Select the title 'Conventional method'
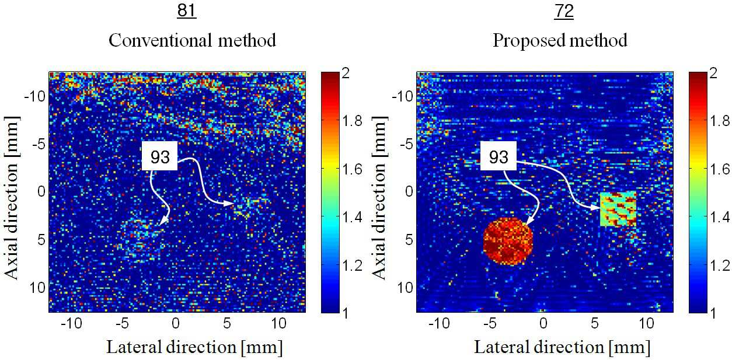point(192,40)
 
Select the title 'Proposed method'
point(560,41)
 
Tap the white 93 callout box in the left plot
point(160,156)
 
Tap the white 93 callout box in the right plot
point(499,156)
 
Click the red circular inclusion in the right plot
point(508,241)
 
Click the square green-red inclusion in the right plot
point(618,209)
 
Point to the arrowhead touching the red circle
point(529,221)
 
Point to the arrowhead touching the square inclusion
point(596,208)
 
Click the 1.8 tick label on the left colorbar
point(352,121)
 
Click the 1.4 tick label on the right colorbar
point(720,216)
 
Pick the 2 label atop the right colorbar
point(713,72)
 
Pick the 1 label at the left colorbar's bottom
point(346,313)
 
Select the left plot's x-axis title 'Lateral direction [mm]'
point(194,347)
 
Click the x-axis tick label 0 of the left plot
point(176,323)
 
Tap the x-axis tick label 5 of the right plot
point(595,323)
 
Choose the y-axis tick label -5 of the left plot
point(39,144)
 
